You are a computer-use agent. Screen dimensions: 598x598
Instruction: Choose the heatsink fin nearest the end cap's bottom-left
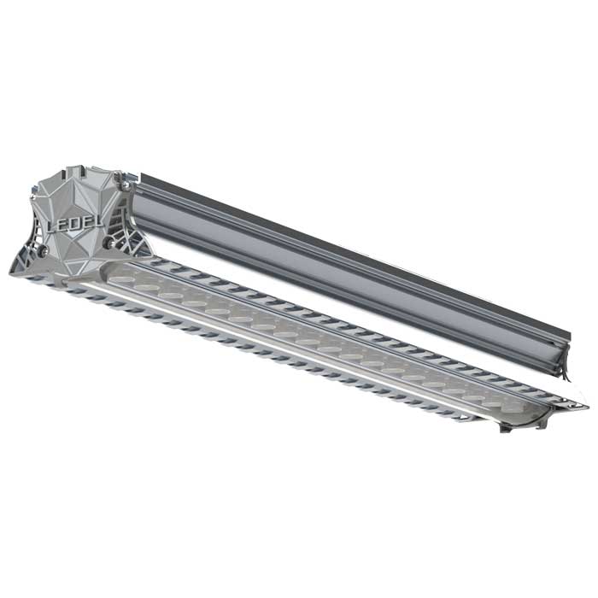coord(34,278)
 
